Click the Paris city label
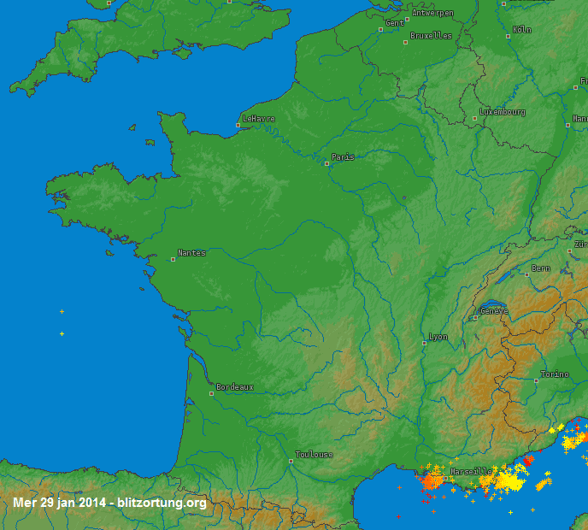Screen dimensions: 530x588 pos(344,157)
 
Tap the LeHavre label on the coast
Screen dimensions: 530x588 pos(259,119)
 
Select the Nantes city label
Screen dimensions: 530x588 pos(191,253)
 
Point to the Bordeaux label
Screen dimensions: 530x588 pos(235,387)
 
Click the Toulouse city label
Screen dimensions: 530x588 pos(314,455)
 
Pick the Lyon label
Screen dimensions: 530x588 pos(438,337)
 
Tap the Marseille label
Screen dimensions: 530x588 pos(471,472)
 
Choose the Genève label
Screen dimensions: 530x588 pos(494,311)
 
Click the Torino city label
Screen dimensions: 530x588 pos(555,375)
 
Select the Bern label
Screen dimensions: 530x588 pos(541,268)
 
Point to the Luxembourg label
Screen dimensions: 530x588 pos(503,112)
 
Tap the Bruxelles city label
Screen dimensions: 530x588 pos(431,36)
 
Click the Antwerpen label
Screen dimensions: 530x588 pos(432,13)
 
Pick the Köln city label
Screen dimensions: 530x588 pos(522,30)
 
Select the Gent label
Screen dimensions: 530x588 pos(395,23)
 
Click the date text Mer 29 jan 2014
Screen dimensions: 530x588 pos(61,503)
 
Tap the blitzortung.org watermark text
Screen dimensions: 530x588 pos(162,503)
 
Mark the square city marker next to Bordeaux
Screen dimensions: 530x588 pos(212,394)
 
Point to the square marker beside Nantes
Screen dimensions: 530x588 pos(173,259)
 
